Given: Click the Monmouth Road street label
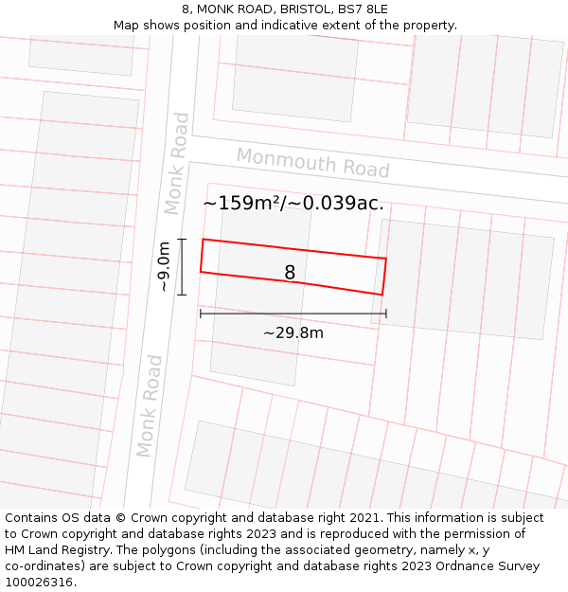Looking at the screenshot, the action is [312, 162].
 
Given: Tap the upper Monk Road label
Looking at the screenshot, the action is [176, 163].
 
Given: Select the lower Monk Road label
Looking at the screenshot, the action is [150, 405].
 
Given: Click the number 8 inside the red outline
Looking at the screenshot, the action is [290, 273].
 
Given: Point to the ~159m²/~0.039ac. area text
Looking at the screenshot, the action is [293, 203].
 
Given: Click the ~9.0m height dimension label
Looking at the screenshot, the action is [164, 266].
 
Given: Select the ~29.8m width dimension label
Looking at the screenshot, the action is [293, 332].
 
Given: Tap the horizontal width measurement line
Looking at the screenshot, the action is [293, 314].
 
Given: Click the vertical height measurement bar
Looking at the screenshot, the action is [182, 266].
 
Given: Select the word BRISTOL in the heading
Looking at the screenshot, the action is [297, 9].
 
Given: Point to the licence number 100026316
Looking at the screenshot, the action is [40, 583].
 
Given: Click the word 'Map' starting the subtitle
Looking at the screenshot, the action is [127, 25].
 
